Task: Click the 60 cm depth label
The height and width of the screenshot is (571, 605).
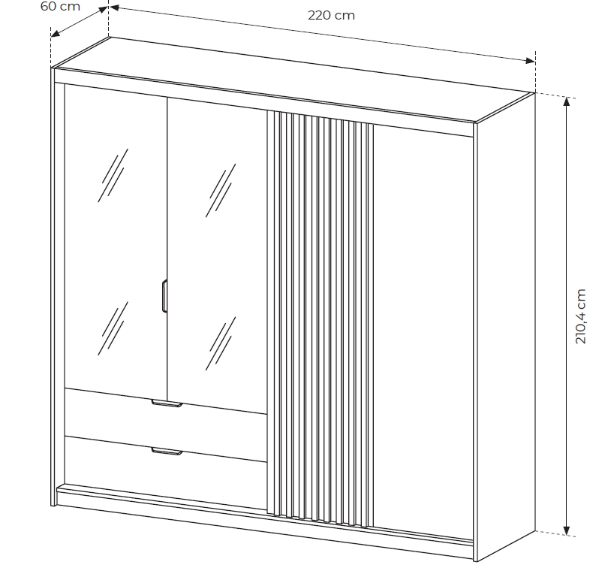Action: tap(60, 7)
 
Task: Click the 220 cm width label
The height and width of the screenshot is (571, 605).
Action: tap(331, 16)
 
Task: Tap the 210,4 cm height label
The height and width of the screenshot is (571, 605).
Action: tap(580, 316)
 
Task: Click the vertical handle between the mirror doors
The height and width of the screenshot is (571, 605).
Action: tap(164, 295)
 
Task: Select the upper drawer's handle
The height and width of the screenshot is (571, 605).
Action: tap(167, 403)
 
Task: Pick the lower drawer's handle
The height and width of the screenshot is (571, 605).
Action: tap(167, 452)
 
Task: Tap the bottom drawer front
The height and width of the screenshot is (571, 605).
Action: tap(166, 472)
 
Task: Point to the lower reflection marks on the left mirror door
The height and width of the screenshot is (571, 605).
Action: tap(113, 328)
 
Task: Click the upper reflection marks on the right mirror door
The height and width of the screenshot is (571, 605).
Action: tap(221, 190)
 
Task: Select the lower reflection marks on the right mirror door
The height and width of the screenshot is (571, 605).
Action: tap(221, 343)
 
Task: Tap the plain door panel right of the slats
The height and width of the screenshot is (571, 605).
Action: tap(423, 332)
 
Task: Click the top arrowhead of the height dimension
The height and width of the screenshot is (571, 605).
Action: tap(567, 101)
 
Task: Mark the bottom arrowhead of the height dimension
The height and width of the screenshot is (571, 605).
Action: tap(567, 530)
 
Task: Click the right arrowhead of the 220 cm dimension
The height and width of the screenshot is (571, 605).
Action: tap(531, 61)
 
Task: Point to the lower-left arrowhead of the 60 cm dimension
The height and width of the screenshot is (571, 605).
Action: tap(56, 34)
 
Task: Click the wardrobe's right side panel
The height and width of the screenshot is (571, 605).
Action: tap(505, 326)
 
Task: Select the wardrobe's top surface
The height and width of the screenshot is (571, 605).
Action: tap(293, 80)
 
